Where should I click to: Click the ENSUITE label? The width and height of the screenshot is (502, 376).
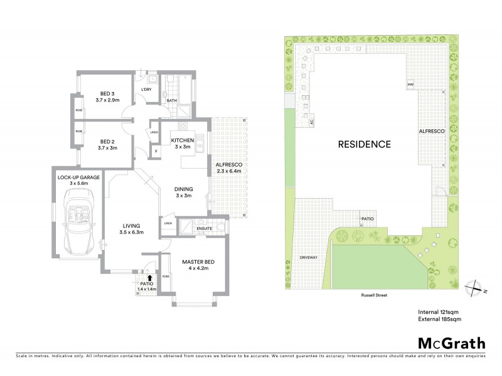[205, 228]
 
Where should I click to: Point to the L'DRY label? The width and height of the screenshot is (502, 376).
[147, 90]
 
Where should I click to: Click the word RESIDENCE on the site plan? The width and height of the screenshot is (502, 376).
[365, 144]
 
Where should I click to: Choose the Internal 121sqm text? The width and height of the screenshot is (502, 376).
[439, 311]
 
